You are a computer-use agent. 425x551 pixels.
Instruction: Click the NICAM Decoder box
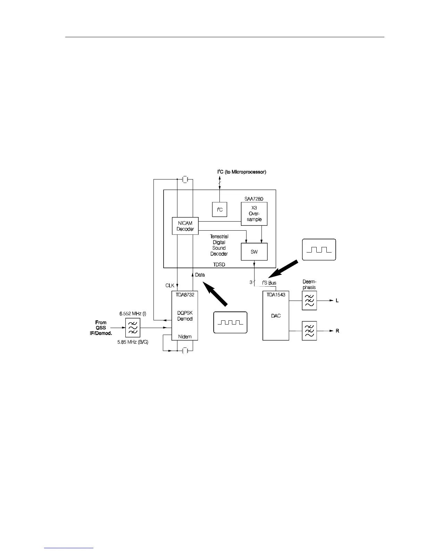185,226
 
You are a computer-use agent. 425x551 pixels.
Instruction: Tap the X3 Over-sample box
254,214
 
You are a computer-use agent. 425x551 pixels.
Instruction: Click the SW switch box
254,251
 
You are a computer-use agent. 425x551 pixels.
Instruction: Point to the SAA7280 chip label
254,199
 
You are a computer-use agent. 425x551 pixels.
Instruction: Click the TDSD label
219,264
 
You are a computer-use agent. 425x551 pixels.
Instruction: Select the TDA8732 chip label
185,294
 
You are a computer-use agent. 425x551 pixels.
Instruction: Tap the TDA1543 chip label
276,294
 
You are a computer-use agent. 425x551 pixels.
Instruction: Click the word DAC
276,316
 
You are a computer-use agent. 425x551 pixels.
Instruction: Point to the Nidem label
185,337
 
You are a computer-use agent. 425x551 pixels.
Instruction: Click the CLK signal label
170,286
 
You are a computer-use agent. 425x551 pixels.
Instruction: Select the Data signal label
200,275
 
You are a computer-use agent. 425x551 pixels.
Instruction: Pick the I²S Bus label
269,283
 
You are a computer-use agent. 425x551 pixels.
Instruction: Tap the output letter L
337,301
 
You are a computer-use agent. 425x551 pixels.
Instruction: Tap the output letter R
337,331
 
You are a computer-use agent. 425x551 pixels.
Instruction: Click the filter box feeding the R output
309,331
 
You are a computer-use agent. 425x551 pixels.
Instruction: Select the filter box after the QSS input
133,328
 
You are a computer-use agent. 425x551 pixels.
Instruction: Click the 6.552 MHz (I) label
133,313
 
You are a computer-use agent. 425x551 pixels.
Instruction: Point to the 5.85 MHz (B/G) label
133,342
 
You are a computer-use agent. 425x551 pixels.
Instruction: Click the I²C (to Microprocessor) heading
242,172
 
